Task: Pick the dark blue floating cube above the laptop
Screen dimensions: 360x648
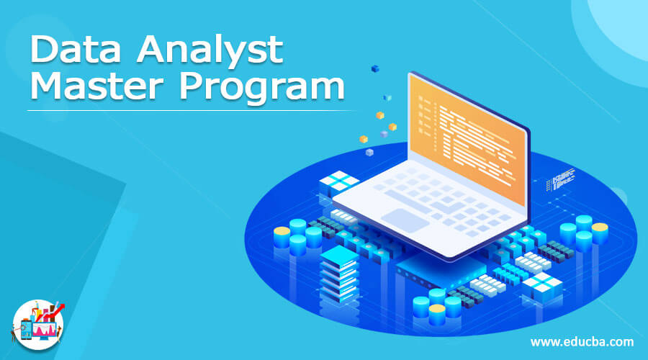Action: pos(374,68)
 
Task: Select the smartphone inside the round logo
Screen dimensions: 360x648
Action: pos(25,330)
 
